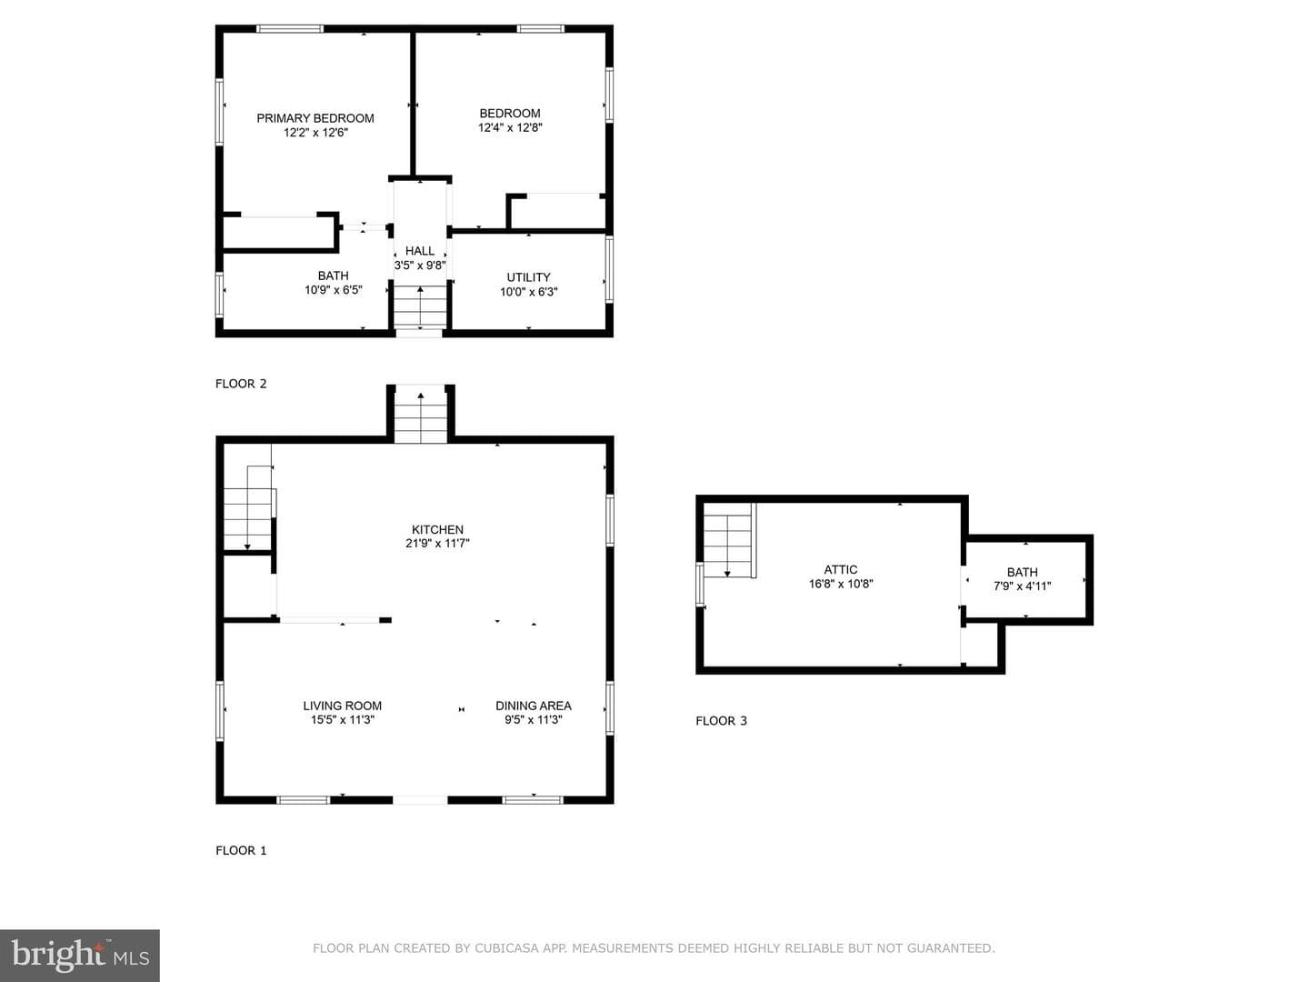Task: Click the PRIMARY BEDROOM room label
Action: tap(315, 118)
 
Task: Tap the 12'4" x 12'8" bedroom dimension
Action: tap(510, 127)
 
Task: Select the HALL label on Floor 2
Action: tap(420, 251)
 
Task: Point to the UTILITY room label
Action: tap(528, 277)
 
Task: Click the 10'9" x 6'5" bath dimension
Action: tap(334, 290)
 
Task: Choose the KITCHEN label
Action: tap(438, 529)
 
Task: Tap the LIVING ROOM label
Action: tap(343, 706)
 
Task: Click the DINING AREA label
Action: tap(534, 706)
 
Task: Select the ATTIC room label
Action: tap(841, 570)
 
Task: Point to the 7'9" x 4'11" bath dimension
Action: tap(1022, 586)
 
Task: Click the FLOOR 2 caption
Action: tap(241, 384)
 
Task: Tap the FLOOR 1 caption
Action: tap(241, 851)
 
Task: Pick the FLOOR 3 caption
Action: tap(721, 721)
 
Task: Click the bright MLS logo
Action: tap(80, 956)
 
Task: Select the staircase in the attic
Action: tap(730, 540)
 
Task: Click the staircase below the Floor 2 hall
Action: tap(421, 307)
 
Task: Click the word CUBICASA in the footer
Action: tap(507, 948)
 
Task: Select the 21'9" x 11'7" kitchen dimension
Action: tap(438, 544)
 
